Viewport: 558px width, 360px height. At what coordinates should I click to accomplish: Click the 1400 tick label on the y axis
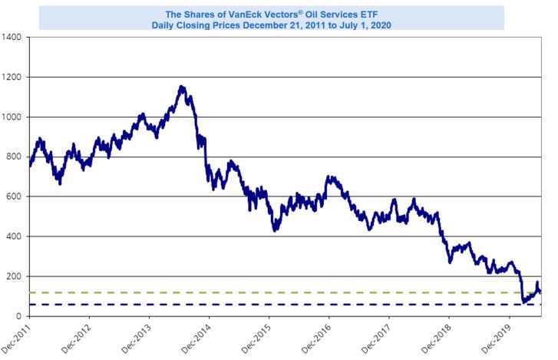click(12, 37)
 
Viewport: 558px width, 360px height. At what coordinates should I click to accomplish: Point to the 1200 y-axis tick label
click(12, 77)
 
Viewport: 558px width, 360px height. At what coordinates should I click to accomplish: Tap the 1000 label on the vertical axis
click(12, 117)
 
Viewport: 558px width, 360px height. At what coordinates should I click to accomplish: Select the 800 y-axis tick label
click(15, 157)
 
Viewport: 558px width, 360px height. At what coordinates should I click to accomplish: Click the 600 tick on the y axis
click(15, 197)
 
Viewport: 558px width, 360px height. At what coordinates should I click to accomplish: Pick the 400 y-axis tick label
click(15, 236)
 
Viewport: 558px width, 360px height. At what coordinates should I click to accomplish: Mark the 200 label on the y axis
click(15, 276)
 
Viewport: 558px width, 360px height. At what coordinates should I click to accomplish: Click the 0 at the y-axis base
click(20, 316)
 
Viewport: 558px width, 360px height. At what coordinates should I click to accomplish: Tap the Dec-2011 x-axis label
click(17, 338)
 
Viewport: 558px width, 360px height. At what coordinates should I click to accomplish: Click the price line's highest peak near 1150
click(181, 87)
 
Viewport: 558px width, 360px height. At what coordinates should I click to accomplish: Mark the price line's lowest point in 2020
click(523, 302)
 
